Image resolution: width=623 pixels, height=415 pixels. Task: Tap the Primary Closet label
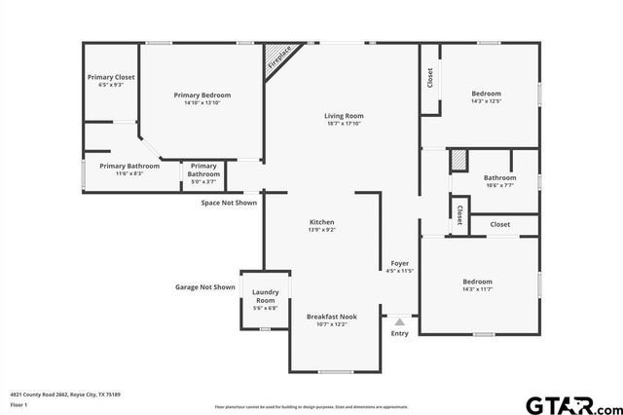[x=111, y=77]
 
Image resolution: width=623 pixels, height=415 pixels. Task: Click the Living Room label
[x=344, y=116]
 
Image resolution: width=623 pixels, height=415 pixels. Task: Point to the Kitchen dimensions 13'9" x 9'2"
[x=322, y=230]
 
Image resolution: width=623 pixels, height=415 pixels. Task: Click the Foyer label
[x=400, y=262]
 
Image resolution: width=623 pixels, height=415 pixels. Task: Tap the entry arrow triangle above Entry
[x=399, y=321]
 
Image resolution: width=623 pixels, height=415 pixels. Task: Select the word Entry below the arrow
[x=400, y=334]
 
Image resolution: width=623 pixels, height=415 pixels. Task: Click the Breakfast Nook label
[x=332, y=317]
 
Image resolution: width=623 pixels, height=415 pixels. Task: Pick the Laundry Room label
[x=266, y=296]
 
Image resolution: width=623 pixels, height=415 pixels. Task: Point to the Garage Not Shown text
[x=205, y=287]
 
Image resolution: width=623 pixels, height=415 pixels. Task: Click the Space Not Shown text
[x=229, y=203]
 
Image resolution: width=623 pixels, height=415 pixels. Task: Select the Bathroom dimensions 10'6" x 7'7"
[x=499, y=185]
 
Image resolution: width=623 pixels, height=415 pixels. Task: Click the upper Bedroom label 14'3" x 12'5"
[x=486, y=93]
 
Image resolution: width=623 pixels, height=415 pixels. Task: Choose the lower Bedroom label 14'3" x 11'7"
[x=477, y=282]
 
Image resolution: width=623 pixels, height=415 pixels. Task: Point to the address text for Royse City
[x=64, y=395]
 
